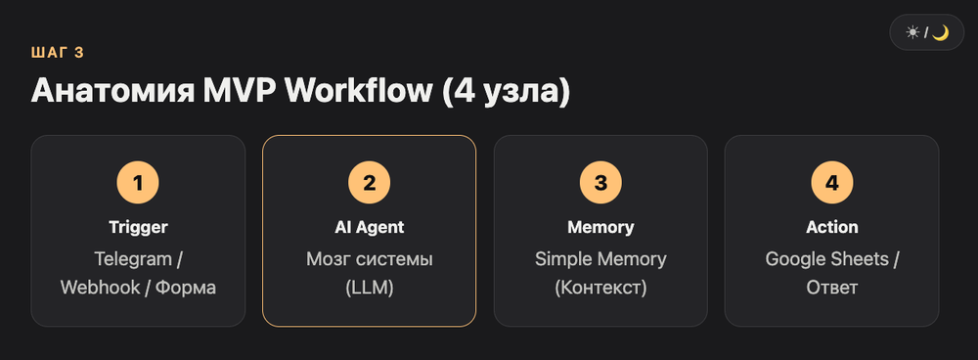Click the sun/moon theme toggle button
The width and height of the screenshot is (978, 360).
coord(926,32)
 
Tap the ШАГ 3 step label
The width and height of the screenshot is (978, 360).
coord(58,53)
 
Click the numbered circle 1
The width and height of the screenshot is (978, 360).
coord(138,183)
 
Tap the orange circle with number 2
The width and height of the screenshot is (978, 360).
coord(370,183)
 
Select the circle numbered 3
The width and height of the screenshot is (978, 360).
coord(600,183)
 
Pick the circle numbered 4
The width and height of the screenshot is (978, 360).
coord(832,183)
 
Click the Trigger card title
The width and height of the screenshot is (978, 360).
coord(138,227)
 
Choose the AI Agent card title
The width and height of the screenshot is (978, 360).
coord(370,227)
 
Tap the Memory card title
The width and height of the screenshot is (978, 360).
coord(600,227)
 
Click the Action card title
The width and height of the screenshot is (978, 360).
coord(832,227)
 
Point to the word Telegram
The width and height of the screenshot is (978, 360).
coord(132,259)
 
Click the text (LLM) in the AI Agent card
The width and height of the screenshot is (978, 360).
coord(370,289)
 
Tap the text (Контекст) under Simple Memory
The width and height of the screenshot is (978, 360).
coord(600,289)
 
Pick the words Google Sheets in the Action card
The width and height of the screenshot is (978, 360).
coord(826,259)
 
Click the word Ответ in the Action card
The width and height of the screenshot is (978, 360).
coord(832,289)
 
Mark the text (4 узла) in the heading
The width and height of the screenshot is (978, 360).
coord(507,92)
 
